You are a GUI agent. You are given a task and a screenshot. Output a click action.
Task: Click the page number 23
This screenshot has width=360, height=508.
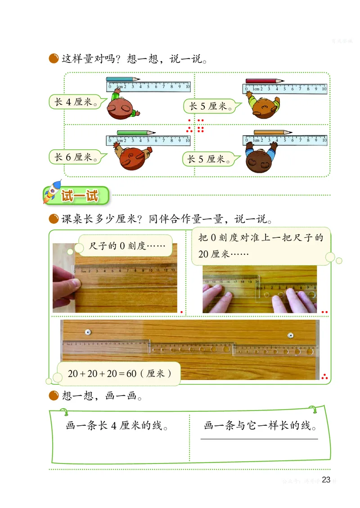(326, 480)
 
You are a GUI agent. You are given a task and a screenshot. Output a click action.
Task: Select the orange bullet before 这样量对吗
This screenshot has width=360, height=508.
(54, 58)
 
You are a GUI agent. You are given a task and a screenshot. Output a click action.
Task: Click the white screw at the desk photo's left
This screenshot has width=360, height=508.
(88, 332)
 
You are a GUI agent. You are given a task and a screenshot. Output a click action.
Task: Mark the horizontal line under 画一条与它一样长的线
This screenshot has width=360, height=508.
(259, 439)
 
